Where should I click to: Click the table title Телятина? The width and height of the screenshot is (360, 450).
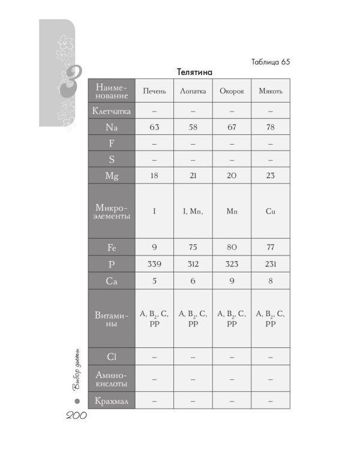[195, 71]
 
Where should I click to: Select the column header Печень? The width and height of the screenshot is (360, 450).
[154, 91]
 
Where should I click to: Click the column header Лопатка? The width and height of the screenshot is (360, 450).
[193, 91]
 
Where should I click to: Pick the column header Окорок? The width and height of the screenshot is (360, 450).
[232, 91]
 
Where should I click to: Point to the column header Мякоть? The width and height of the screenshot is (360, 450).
[270, 91]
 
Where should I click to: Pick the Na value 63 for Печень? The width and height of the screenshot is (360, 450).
[154, 127]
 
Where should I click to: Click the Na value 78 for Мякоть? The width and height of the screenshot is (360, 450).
[270, 127]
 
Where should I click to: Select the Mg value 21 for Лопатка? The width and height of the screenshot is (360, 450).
[193, 175]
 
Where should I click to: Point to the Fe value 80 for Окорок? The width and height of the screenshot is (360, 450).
[232, 247]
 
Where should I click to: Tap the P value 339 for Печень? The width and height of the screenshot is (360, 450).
[154, 263]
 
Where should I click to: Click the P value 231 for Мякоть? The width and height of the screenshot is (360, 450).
[270, 263]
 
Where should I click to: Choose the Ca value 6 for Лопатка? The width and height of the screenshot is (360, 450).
[193, 280]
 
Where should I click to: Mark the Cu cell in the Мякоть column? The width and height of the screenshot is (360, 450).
[270, 211]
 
